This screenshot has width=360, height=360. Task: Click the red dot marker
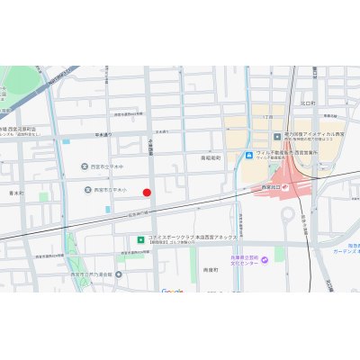click(147, 192)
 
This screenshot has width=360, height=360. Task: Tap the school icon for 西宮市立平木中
click(85, 166)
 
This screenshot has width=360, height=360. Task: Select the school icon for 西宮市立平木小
click(88, 190)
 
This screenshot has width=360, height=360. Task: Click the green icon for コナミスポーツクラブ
click(139, 239)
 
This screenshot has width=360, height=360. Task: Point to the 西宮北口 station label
click(272, 186)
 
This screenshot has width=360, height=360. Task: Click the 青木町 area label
click(16, 193)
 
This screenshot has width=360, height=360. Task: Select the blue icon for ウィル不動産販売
click(248, 155)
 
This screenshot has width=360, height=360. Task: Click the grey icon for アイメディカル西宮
click(278, 137)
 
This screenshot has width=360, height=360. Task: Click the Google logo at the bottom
click(172, 291)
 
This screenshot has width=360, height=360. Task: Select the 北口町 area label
click(308, 103)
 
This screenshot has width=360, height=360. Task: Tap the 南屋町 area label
click(211, 269)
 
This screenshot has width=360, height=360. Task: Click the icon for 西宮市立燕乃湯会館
click(118, 274)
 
